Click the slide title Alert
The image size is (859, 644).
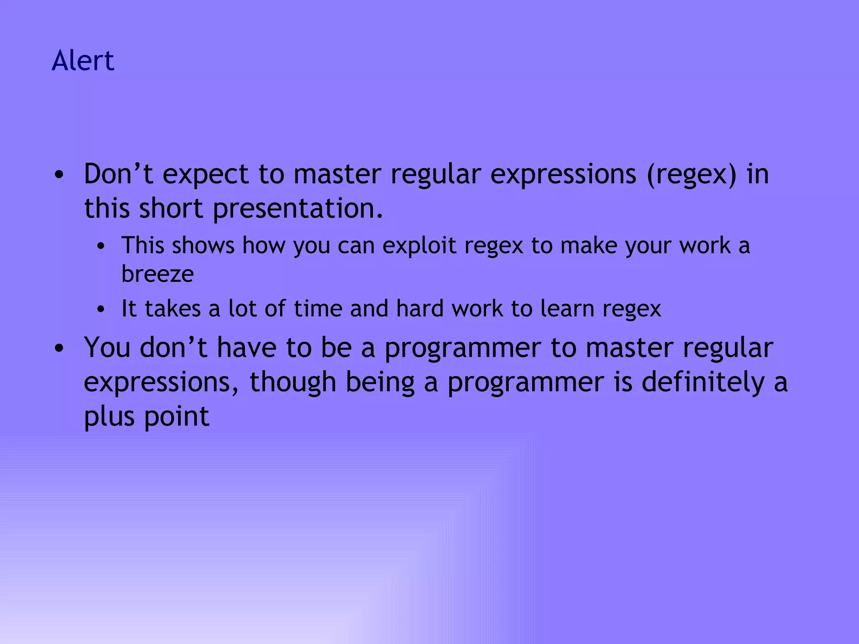tap(83, 60)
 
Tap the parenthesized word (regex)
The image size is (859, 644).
tap(691, 174)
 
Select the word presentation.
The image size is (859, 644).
tap(298, 209)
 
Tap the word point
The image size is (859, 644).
tap(177, 417)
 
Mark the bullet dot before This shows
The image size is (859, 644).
tap(100, 247)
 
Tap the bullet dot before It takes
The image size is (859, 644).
tap(100, 309)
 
